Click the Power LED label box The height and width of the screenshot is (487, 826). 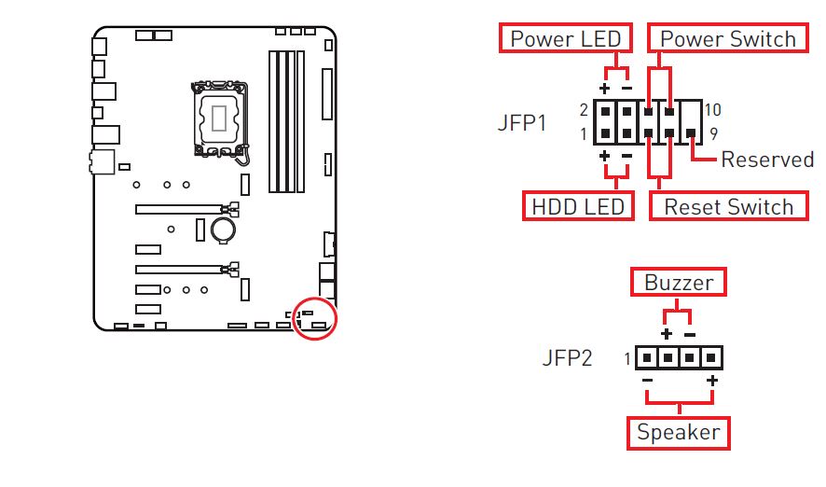click(x=565, y=39)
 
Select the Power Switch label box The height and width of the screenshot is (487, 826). click(x=728, y=39)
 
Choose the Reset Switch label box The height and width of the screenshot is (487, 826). click(x=728, y=206)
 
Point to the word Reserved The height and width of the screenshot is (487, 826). click(x=767, y=160)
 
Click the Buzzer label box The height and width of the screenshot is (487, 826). click(x=679, y=282)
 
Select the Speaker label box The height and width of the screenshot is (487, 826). click(x=678, y=432)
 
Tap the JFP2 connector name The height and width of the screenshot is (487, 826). click(x=567, y=358)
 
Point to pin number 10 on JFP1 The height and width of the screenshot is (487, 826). click(x=713, y=110)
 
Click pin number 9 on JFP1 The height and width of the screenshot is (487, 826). click(x=713, y=134)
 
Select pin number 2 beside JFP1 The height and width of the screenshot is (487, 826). click(x=583, y=110)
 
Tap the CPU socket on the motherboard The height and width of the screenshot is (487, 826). click(x=221, y=118)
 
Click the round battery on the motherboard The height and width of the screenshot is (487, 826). click(x=222, y=228)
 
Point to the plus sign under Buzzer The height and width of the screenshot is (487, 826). click(x=666, y=334)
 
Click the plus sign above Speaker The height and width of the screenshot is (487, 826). click(x=711, y=381)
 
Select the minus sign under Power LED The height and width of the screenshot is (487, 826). click(x=626, y=88)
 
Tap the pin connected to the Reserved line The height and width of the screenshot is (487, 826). click(x=691, y=134)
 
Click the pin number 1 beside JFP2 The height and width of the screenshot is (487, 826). click(x=627, y=358)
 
